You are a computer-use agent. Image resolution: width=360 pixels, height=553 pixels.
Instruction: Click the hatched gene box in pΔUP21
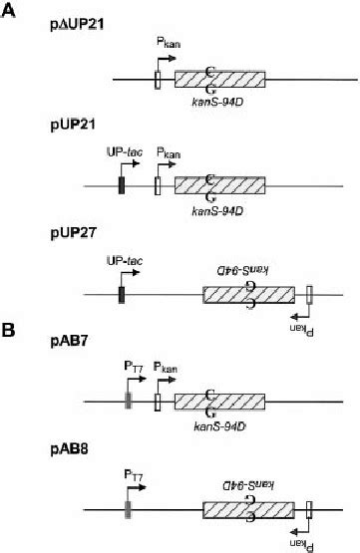pos(219,80)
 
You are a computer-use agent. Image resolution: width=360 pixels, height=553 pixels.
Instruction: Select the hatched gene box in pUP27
pos(249,293)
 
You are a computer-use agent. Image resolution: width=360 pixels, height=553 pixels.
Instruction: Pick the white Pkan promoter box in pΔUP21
pos(159,80)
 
